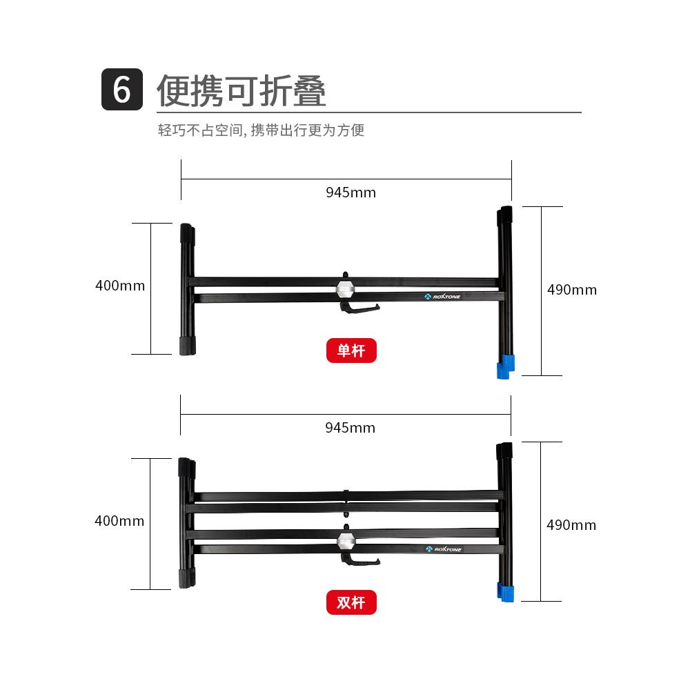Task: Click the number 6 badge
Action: click(122, 90)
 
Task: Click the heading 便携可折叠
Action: click(241, 90)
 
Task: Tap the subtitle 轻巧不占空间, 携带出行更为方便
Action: click(261, 130)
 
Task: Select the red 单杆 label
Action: click(351, 351)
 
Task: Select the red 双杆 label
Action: click(351, 602)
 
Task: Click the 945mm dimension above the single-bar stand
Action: click(351, 193)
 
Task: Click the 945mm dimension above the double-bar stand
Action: click(350, 428)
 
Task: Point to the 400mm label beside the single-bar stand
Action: click(120, 286)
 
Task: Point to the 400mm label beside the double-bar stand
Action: click(119, 521)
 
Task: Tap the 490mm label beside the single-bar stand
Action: click(571, 290)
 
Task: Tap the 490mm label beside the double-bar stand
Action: click(571, 525)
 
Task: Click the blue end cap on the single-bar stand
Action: click(506, 366)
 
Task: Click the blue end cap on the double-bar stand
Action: click(506, 592)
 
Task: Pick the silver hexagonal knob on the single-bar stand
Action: click(344, 288)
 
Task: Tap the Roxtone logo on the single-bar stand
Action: click(442, 297)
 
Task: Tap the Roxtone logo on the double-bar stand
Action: click(443, 550)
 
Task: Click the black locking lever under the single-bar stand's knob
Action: click(359, 308)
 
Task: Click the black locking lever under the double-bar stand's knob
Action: click(359, 560)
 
